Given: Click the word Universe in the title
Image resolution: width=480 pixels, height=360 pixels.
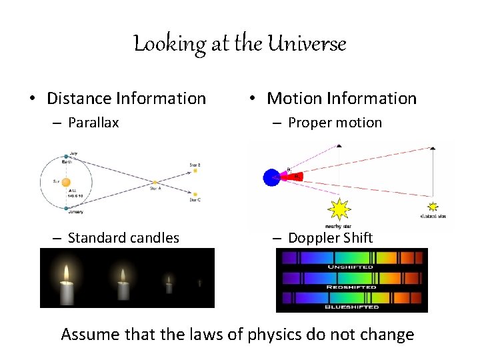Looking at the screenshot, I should click(307, 44).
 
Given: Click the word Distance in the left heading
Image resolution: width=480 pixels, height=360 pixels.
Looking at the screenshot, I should click(79, 99).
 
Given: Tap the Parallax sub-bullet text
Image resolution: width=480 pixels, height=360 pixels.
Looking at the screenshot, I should click(93, 123).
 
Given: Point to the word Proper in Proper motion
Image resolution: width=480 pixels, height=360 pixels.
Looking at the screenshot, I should click(309, 123).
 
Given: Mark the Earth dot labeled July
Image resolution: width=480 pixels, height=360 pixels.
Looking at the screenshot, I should click(66, 156).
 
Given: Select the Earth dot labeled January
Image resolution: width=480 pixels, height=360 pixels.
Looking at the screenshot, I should click(66, 208).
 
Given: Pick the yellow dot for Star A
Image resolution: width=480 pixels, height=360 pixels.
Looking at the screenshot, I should click(156, 182).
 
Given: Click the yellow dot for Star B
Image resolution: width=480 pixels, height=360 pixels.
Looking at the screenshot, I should click(195, 171).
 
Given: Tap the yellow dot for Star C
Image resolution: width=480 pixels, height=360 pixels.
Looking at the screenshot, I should click(195, 193).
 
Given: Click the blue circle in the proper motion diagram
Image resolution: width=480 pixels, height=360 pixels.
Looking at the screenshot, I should click(271, 177).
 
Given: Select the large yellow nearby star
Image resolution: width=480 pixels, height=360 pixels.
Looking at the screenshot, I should click(339, 209).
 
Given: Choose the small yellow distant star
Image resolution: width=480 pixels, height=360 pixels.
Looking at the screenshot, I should click(433, 207).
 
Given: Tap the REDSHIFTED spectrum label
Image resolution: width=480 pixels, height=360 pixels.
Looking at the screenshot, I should click(351, 287).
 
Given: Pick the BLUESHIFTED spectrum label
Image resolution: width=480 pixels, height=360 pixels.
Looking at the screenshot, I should click(351, 307).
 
